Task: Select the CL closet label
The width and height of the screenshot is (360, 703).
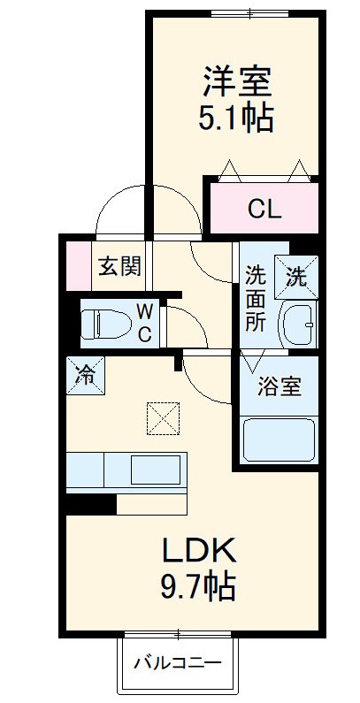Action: [x=264, y=210]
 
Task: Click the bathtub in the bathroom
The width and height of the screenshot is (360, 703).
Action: [x=279, y=439]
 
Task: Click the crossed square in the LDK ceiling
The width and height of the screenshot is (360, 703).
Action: [x=164, y=418]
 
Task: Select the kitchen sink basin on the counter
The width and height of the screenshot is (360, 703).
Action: [x=155, y=468]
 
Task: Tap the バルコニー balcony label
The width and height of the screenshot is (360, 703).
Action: [x=178, y=662]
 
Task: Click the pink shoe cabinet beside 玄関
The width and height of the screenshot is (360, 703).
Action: [x=78, y=264]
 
